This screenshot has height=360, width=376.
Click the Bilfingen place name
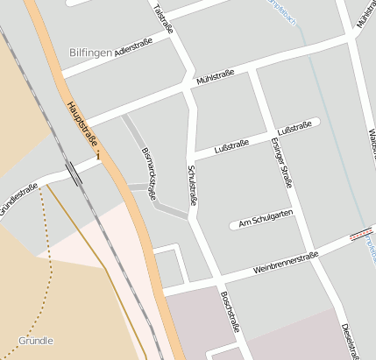(x=90, y=53)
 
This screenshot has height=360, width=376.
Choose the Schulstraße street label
(x=192, y=185)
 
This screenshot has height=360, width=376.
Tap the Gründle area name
(x=36, y=340)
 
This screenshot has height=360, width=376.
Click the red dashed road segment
(x=359, y=235)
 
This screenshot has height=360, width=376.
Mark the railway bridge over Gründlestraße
(x=74, y=173)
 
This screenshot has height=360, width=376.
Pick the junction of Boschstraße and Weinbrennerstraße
(x=214, y=282)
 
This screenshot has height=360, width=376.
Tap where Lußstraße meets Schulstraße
(x=193, y=159)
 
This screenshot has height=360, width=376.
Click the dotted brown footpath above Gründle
(x=46, y=263)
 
